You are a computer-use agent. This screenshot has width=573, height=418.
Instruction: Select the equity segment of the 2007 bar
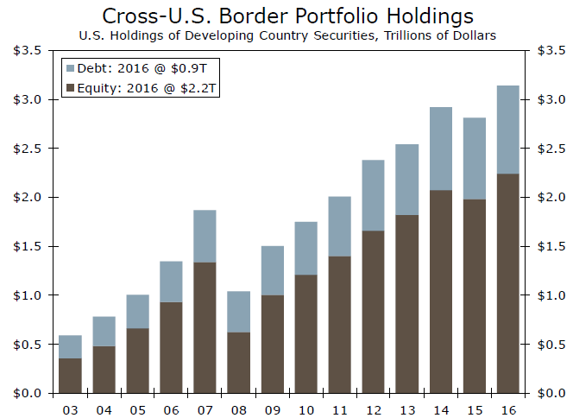pyautogui.click(x=205, y=327)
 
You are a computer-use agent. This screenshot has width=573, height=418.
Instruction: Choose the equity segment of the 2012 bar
pyautogui.click(x=374, y=312)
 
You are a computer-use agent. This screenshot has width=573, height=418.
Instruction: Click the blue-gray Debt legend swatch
pyautogui.click(x=70, y=68)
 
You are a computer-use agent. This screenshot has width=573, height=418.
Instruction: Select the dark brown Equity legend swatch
pyautogui.click(x=70, y=87)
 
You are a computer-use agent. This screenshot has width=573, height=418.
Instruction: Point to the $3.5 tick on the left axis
pyautogui.click(x=27, y=50)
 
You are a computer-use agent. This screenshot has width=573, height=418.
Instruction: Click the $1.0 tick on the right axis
pyautogui.click(x=551, y=295)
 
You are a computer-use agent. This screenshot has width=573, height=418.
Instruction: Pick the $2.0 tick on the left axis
pyautogui.click(x=27, y=197)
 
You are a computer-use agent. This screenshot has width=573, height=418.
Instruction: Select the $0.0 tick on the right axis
pyautogui.click(x=551, y=393)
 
